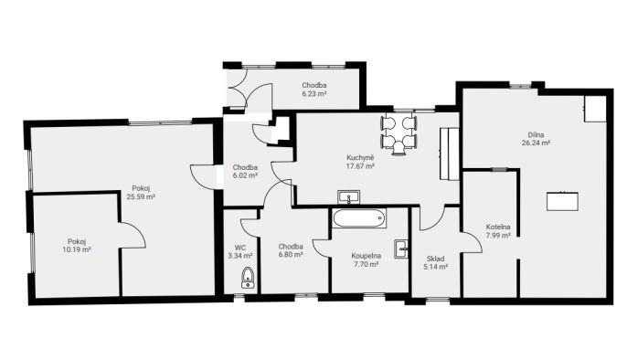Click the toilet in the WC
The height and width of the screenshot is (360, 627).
248,278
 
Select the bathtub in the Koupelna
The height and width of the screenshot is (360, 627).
358,218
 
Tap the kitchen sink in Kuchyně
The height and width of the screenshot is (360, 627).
349,197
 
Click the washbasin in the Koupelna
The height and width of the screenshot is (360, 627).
401,249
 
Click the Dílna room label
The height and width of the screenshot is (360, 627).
536,134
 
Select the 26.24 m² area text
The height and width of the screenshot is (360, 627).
536,143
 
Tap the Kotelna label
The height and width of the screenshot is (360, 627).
498,227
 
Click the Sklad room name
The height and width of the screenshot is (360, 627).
435,259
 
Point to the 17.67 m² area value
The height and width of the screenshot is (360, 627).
360,165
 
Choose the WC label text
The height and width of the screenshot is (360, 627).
240,248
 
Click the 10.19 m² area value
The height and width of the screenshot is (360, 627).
77,249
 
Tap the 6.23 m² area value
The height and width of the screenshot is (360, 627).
313,94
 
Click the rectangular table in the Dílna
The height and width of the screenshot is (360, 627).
562,201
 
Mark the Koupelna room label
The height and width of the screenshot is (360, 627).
366,256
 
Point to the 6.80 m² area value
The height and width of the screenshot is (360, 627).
291,255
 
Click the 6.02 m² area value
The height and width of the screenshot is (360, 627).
245,175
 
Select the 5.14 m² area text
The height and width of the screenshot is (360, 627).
435,267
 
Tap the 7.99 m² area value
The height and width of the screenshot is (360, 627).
498,236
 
